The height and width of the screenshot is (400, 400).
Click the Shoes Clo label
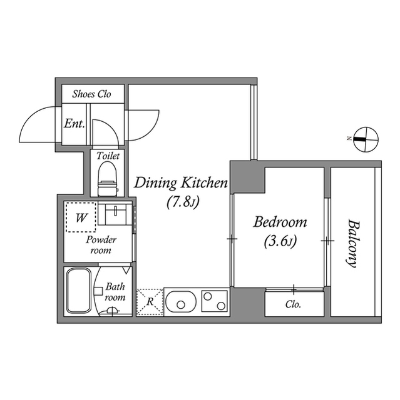click(x=91, y=94)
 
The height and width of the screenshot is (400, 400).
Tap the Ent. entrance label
click(x=74, y=124)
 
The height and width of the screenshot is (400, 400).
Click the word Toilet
click(x=108, y=156)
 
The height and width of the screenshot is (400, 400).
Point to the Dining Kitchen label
click(x=181, y=183)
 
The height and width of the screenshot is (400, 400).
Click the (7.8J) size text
click(x=182, y=202)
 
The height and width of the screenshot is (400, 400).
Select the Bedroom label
click(x=280, y=221)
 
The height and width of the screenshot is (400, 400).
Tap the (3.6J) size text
click(x=280, y=240)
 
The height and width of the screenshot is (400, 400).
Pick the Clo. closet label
click(x=293, y=305)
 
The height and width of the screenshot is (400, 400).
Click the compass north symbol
click(x=365, y=139)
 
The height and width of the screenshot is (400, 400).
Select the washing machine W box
click(x=81, y=218)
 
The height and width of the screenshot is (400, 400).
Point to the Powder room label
click(x=98, y=245)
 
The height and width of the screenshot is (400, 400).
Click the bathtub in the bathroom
click(x=79, y=291)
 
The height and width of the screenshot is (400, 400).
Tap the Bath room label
click(x=115, y=292)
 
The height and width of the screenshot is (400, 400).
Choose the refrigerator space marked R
click(x=150, y=301)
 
